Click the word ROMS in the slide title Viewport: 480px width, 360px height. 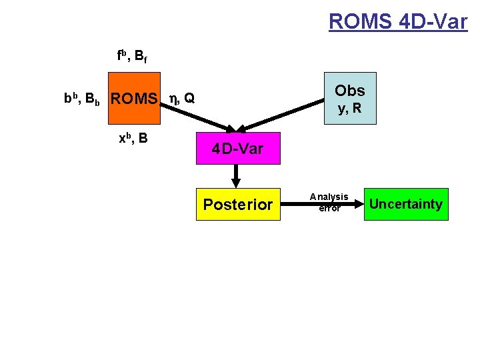(360, 21)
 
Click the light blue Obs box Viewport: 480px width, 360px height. (350, 98)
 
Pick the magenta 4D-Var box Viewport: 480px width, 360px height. (238, 148)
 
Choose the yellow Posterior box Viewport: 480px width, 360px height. (238, 204)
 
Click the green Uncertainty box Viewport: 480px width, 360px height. (405, 204)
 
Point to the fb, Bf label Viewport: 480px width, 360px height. (132, 57)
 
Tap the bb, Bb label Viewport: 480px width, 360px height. (82, 99)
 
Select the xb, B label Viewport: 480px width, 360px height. (133, 139)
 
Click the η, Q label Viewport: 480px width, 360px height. (182, 99)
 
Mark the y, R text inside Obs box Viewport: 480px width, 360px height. (349, 108)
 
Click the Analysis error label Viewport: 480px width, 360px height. (329, 202)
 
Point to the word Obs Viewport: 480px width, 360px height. (350, 91)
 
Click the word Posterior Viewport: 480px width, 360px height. (238, 204)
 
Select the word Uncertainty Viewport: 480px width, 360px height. (405, 204)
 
